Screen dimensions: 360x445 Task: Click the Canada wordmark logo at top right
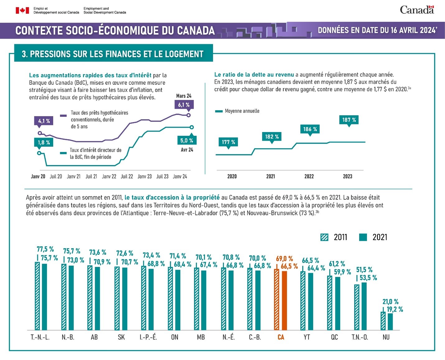[417, 10]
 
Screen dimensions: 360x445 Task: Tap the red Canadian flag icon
[22, 11]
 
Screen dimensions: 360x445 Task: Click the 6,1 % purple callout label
[184, 105]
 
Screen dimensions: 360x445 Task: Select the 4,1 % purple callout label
[44, 121]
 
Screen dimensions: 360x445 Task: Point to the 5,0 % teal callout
[186, 140]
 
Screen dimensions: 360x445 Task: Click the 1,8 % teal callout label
[44, 142]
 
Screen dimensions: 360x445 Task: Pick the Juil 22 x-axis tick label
[127, 176]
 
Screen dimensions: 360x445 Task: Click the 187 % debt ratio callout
[349, 120]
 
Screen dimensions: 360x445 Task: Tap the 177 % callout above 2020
[228, 142]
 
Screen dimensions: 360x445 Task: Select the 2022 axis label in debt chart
[309, 176]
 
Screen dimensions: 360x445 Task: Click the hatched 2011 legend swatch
[324, 237]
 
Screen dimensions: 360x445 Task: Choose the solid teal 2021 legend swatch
[363, 237]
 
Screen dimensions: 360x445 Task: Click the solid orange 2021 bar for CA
[284, 300]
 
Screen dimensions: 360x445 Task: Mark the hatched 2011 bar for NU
[383, 321]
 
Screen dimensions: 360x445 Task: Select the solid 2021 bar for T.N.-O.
[364, 306]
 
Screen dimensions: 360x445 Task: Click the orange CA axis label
[281, 337]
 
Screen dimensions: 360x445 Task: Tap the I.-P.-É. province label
[148, 337]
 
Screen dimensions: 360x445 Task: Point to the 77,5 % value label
[45, 249]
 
